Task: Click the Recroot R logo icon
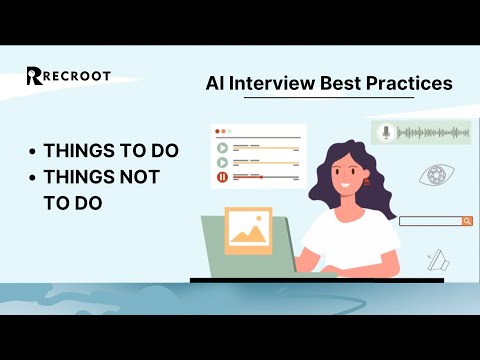point(34,76)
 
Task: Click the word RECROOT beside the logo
point(77,76)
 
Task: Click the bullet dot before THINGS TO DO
point(33,152)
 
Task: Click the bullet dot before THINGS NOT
point(33,178)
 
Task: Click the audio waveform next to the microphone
point(432,132)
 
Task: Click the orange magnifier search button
point(466,221)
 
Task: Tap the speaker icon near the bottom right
point(436,261)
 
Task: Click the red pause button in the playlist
point(221,177)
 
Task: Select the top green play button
point(221,146)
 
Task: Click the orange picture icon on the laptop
point(249,229)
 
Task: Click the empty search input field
point(429,221)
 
